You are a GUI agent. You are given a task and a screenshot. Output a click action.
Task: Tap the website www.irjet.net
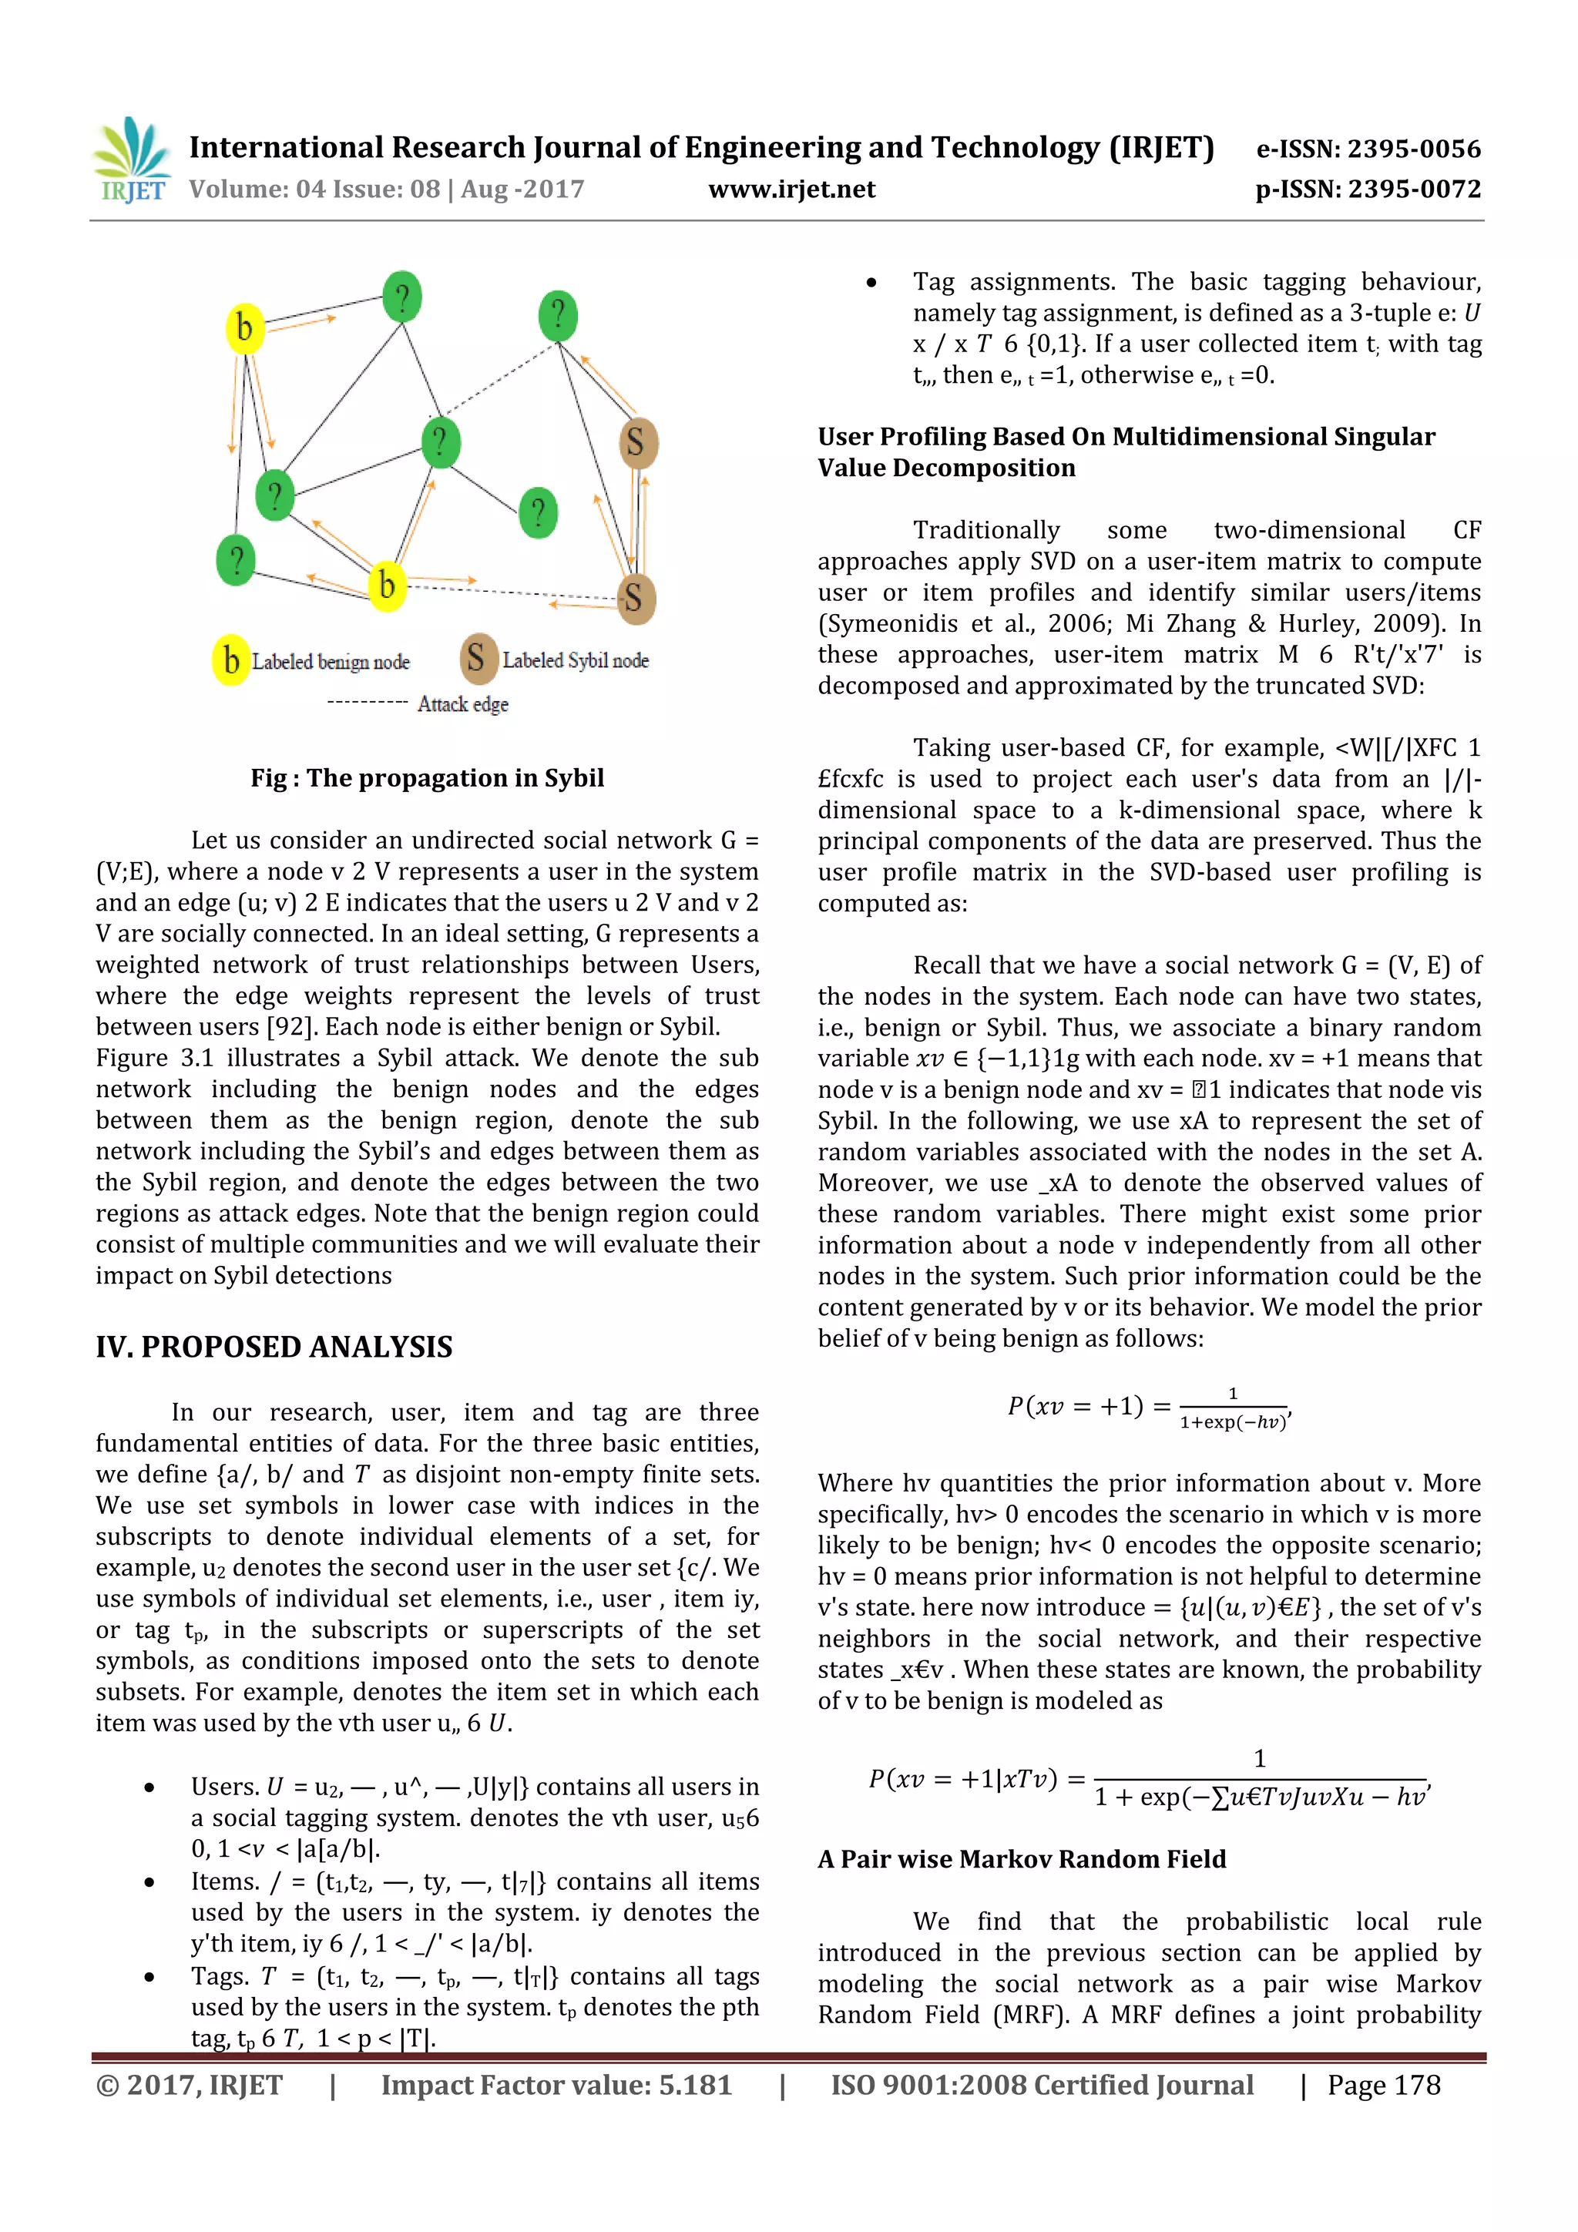click(x=791, y=190)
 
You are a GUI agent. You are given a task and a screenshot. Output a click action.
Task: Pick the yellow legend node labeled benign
click(x=230, y=661)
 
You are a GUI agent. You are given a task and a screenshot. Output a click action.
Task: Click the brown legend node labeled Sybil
click(x=476, y=658)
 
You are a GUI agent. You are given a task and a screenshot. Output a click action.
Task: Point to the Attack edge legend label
click(x=463, y=704)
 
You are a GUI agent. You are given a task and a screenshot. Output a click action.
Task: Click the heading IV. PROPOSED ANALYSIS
click(x=274, y=1347)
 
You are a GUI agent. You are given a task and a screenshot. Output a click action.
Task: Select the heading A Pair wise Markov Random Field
click(x=1021, y=1858)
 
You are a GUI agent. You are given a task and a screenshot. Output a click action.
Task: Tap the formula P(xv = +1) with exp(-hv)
click(x=1147, y=1408)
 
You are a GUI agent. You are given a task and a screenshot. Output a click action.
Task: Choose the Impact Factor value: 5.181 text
click(x=556, y=2085)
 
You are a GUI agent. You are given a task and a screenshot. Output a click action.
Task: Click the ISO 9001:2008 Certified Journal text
click(x=1041, y=2085)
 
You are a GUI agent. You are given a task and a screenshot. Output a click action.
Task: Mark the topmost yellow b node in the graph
click(x=244, y=327)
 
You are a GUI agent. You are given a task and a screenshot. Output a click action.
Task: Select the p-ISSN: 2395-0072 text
click(x=1368, y=190)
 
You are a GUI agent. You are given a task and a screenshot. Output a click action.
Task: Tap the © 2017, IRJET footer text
click(x=190, y=2085)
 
